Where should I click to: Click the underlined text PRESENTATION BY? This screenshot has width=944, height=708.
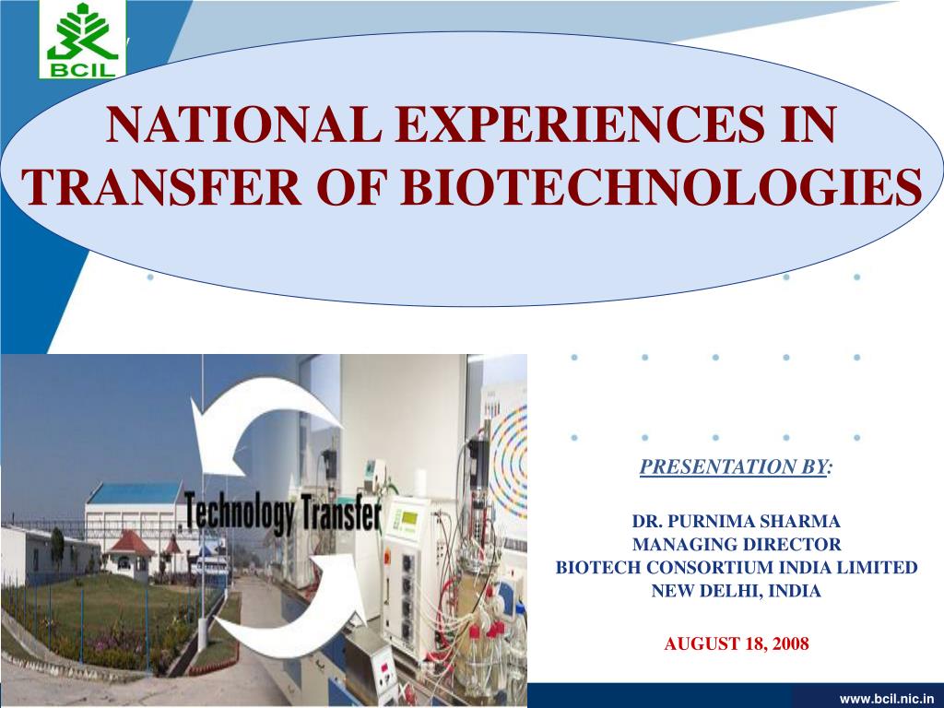(733, 466)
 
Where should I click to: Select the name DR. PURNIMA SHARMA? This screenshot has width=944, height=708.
(736, 521)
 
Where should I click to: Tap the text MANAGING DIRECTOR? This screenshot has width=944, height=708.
(736, 544)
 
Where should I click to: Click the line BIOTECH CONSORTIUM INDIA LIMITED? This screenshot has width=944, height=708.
(736, 568)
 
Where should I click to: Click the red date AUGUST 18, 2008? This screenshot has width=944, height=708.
(736, 644)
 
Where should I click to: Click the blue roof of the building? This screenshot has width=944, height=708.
(135, 493)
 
